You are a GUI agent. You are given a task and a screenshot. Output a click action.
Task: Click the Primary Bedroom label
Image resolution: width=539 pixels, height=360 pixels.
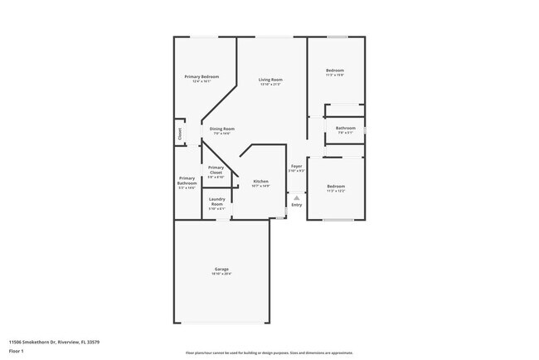tap(202, 77)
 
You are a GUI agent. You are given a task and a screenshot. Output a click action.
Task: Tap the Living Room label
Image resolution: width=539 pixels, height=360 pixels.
tap(270, 80)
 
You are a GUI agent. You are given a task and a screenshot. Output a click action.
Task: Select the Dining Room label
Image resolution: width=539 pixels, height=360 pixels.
tap(221, 129)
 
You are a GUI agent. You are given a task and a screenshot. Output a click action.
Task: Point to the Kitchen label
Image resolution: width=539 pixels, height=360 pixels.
tap(260, 181)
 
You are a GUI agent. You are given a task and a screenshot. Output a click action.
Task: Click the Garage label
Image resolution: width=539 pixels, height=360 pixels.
tap(221, 269)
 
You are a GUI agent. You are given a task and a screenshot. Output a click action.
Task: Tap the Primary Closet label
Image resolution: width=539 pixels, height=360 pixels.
tap(216, 170)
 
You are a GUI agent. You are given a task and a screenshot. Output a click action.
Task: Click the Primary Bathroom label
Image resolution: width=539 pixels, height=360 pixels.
tap(187, 181)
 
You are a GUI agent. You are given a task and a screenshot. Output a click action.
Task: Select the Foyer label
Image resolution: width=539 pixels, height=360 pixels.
tap(296, 166)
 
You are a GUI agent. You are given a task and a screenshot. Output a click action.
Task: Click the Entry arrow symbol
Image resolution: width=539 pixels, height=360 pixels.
tap(297, 197)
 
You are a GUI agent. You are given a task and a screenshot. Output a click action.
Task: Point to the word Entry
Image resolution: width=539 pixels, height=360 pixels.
tap(296, 205)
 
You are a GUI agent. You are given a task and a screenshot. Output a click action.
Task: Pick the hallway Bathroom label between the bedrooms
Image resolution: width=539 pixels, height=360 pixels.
tap(346, 128)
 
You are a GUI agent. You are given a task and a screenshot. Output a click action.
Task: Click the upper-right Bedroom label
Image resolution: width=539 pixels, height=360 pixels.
tap(334, 71)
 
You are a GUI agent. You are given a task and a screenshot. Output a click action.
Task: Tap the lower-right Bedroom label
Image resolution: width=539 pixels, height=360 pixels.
tap(335, 186)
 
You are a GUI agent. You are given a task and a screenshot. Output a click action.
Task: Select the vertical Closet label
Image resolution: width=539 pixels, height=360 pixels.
tap(179, 132)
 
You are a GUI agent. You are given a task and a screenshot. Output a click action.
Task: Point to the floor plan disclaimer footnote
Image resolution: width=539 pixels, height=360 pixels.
tap(269, 353)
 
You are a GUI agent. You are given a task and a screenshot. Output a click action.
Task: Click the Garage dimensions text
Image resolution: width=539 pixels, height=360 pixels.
tap(221, 274)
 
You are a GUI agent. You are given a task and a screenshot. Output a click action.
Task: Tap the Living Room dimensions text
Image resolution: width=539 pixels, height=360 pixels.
tap(270, 85)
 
